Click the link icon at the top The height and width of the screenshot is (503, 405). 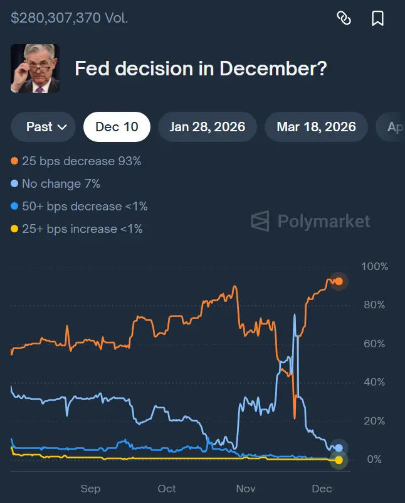click(x=344, y=18)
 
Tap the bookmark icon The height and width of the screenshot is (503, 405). click(x=377, y=18)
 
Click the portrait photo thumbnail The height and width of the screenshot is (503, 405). click(x=35, y=68)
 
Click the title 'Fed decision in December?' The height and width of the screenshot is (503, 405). click(x=201, y=68)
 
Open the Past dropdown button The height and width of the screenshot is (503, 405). click(x=43, y=127)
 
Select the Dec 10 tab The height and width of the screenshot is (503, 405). click(x=117, y=127)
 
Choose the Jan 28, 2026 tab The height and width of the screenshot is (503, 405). click(x=207, y=127)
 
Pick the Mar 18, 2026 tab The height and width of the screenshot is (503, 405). click(x=316, y=127)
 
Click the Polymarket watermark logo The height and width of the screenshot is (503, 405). click(x=310, y=221)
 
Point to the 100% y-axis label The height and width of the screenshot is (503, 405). click(x=375, y=267)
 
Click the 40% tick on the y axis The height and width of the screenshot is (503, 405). click(x=375, y=382)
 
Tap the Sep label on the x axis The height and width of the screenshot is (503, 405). click(x=90, y=489)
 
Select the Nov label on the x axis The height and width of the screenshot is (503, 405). click(x=246, y=489)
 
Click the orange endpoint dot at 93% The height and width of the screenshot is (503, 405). click(x=339, y=281)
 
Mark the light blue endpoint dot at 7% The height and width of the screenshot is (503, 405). click(x=339, y=448)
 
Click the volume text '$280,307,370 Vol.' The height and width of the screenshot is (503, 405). click(x=69, y=18)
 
